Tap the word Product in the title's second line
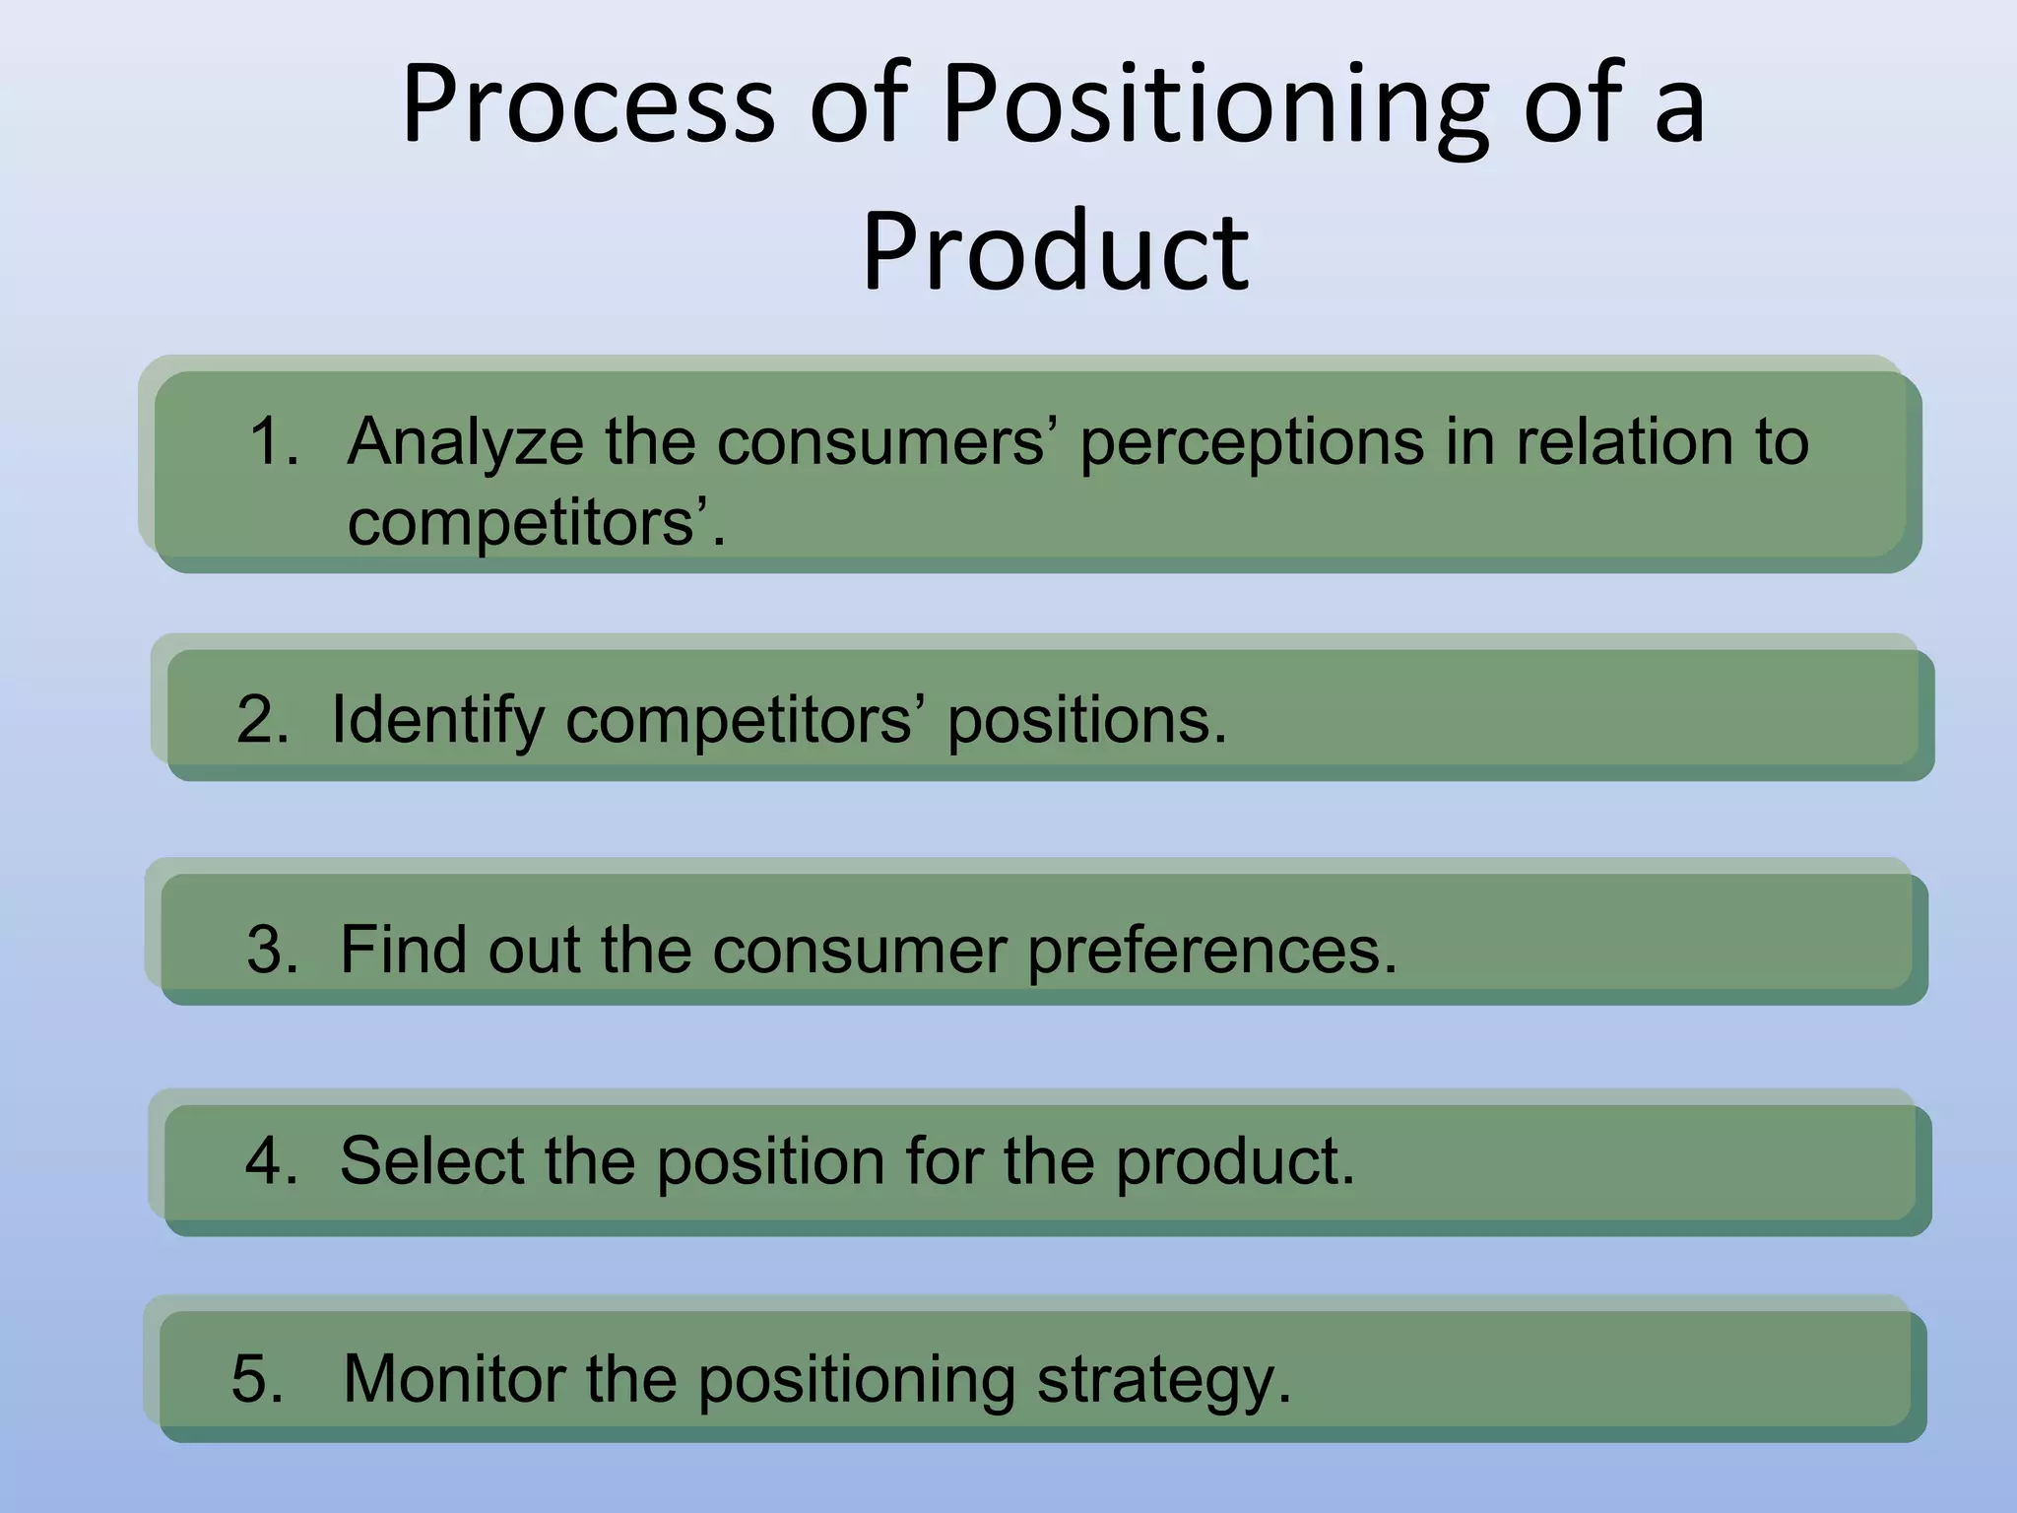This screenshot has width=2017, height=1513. [x=1056, y=254]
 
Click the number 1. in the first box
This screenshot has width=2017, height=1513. [x=274, y=440]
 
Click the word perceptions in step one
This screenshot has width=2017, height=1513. [x=1252, y=442]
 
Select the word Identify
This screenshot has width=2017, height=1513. [x=437, y=721]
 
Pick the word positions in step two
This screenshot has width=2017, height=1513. [x=1086, y=721]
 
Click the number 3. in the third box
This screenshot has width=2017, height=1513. [x=273, y=950]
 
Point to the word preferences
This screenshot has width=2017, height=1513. [x=1211, y=952]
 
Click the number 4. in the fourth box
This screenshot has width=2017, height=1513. [x=272, y=1160]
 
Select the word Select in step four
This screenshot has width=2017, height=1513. [x=432, y=1160]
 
